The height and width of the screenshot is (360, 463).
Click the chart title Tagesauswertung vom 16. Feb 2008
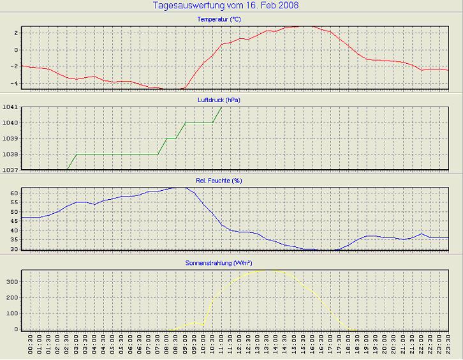226,6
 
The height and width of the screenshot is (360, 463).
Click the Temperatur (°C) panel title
219,20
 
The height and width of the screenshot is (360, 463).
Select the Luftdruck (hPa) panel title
219,100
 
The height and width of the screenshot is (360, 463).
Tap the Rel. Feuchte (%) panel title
219,181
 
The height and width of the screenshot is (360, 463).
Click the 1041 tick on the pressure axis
10,107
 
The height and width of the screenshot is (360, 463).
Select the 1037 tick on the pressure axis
10,170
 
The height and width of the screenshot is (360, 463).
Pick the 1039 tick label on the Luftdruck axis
10,139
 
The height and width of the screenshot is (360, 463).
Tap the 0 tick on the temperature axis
17,50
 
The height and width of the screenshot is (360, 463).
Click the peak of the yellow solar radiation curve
267,269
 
